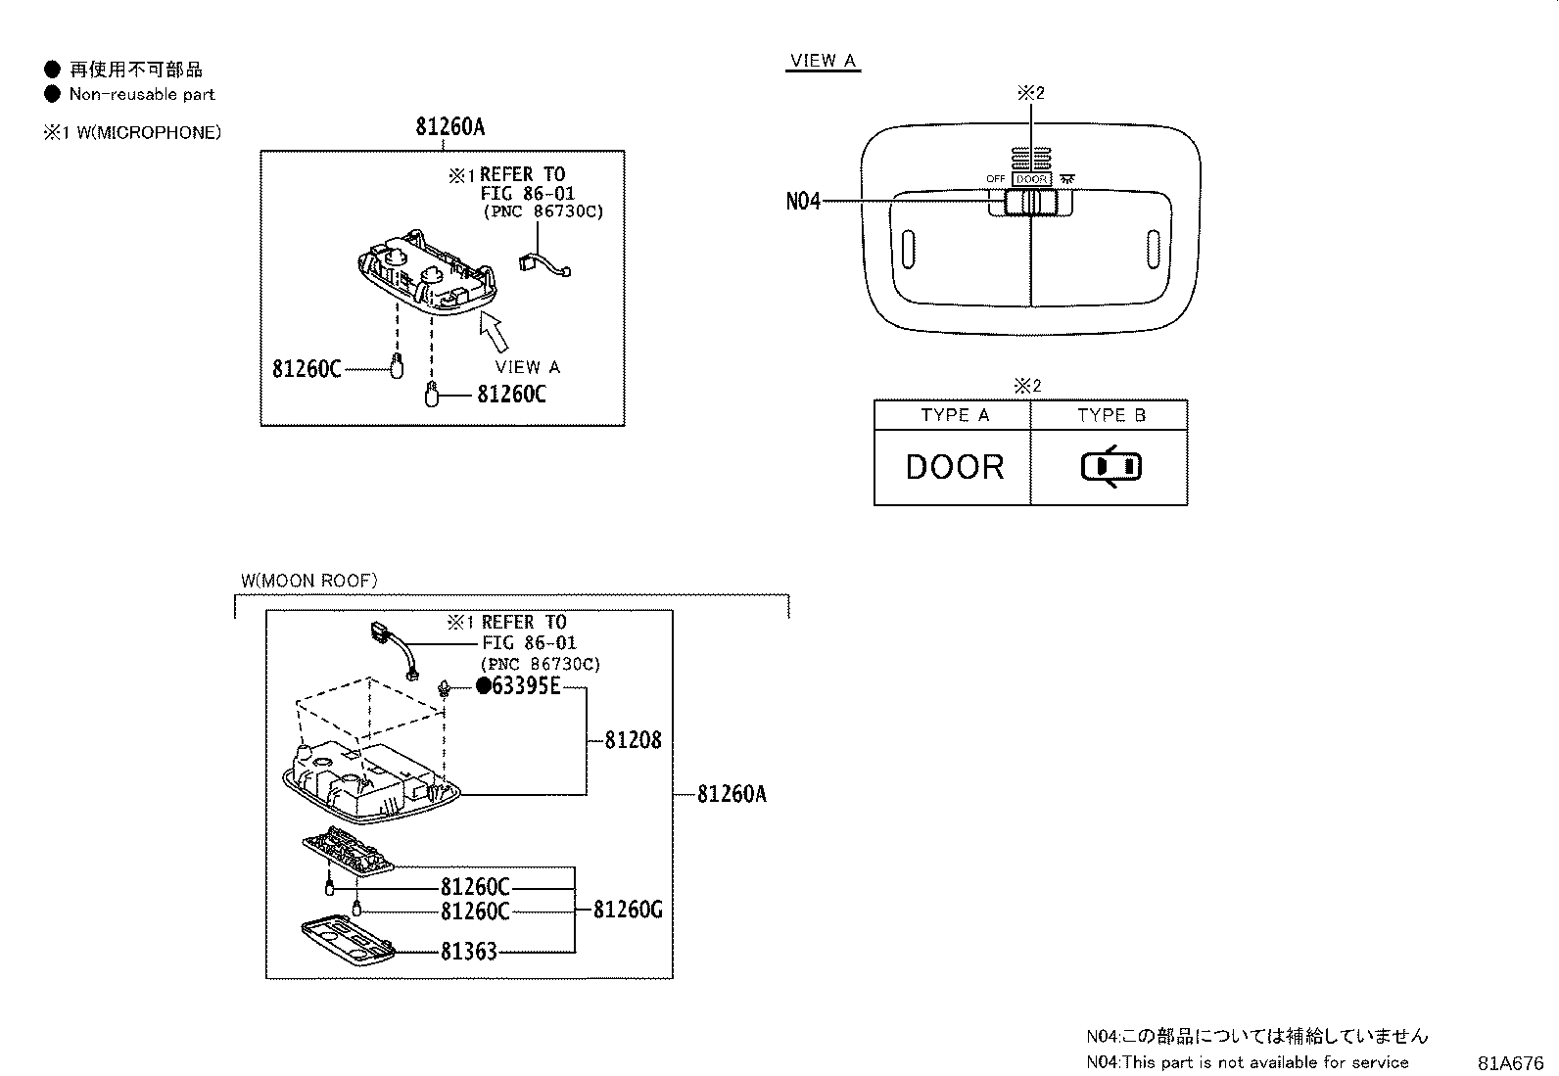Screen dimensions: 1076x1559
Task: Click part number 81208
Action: [x=633, y=740]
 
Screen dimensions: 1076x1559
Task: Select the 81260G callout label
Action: [x=627, y=910]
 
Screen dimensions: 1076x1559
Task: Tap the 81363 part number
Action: [x=468, y=951]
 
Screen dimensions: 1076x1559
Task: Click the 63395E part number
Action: [x=526, y=686]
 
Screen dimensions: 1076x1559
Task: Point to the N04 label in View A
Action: [x=803, y=202]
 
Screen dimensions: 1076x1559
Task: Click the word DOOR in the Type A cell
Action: [x=955, y=467]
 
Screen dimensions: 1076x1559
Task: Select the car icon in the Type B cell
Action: [x=1111, y=467]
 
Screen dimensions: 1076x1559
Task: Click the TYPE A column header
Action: [x=955, y=415]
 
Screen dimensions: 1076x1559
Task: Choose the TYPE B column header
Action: [x=1111, y=415]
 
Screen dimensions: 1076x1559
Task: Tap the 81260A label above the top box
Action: [x=449, y=126]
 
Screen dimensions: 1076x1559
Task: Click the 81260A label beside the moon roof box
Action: [x=732, y=794]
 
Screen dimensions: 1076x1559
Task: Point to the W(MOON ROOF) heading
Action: [x=309, y=581]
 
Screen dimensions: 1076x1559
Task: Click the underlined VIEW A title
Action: [x=823, y=61]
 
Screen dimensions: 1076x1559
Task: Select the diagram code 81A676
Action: [x=1510, y=1062]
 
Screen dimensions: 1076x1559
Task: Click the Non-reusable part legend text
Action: [x=141, y=95]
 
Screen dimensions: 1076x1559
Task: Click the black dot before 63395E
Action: [x=483, y=686]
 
